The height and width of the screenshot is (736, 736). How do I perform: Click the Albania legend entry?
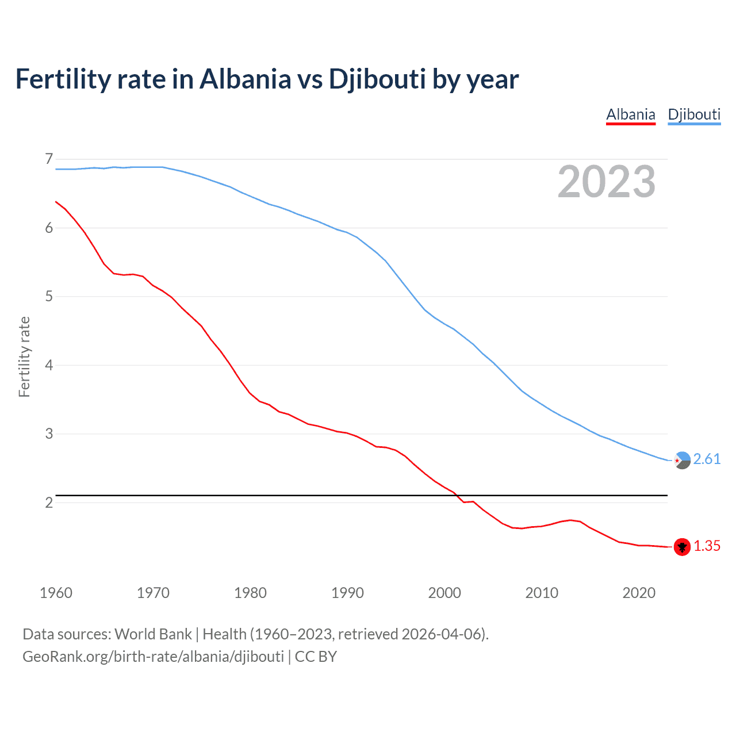click(x=631, y=114)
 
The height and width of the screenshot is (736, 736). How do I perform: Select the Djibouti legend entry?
click(x=694, y=114)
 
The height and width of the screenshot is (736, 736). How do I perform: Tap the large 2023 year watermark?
click(x=607, y=182)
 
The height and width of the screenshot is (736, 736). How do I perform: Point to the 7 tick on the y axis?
click(x=49, y=159)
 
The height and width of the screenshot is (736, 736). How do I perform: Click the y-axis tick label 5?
click(x=49, y=297)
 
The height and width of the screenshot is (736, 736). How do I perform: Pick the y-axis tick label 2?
click(x=49, y=503)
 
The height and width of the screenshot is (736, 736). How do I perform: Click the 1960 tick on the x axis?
click(x=56, y=593)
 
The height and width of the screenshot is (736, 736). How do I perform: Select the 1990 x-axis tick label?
click(x=347, y=593)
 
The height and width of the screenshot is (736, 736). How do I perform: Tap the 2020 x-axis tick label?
click(x=639, y=593)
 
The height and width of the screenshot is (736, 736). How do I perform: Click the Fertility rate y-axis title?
click(x=24, y=356)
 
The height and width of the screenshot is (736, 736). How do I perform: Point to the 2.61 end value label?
click(x=707, y=459)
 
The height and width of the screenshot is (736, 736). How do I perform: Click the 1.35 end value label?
click(x=707, y=546)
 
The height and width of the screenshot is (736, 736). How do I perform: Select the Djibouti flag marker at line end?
click(x=682, y=461)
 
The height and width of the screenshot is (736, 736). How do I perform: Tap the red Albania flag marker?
click(x=682, y=547)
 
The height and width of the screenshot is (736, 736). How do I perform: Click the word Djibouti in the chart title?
click(x=377, y=79)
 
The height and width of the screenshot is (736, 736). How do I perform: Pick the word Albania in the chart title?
click(x=246, y=79)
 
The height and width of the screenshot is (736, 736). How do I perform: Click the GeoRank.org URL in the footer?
click(x=153, y=657)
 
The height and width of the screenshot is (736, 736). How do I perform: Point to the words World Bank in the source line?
click(x=153, y=634)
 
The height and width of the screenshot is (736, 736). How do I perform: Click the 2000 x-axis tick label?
click(x=444, y=593)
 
